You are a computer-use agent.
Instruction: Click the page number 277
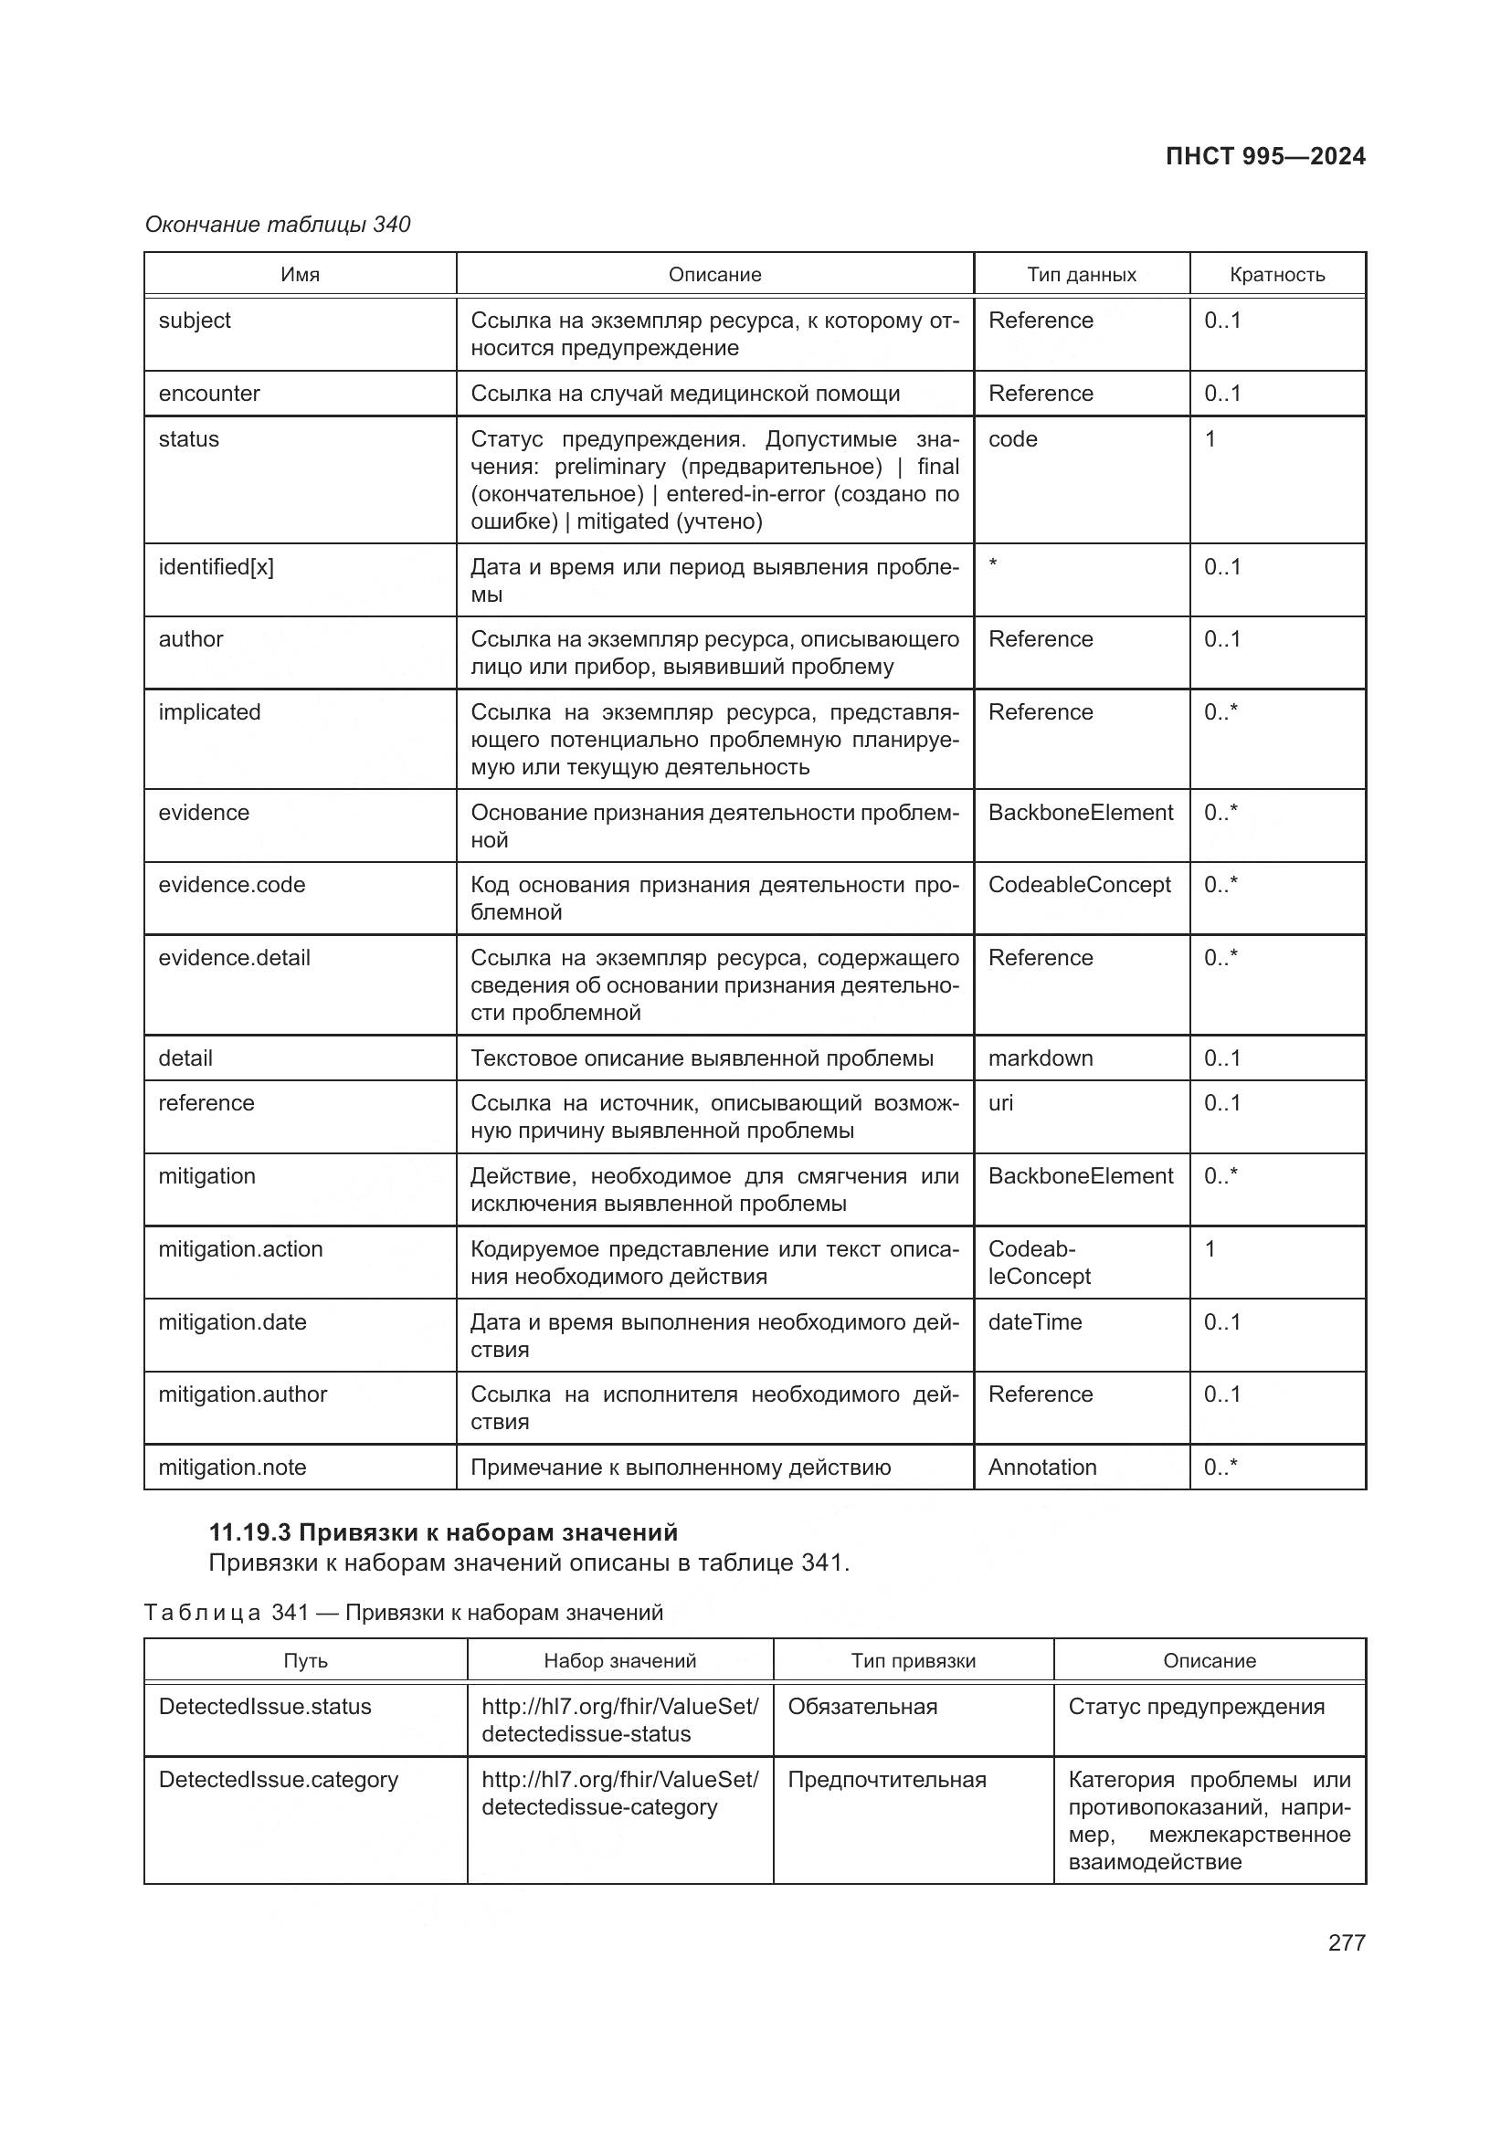pyautogui.click(x=1346, y=1942)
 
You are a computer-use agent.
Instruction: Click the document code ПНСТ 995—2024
pyautogui.click(x=1264, y=156)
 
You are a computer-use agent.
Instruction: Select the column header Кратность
pyautogui.click(x=1276, y=275)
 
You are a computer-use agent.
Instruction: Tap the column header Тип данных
pyautogui.click(x=1081, y=275)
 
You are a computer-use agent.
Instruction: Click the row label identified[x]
pyautogui.click(x=216, y=566)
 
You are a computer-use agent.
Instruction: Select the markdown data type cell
pyautogui.click(x=1041, y=1057)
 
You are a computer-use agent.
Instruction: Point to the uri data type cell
pyautogui.click(x=1001, y=1102)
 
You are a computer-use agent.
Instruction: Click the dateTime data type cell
pyautogui.click(x=1035, y=1322)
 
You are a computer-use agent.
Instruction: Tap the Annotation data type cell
pyautogui.click(x=1042, y=1468)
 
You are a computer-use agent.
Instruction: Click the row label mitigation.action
pyautogui.click(x=240, y=1248)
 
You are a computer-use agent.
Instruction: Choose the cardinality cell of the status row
pyautogui.click(x=1210, y=439)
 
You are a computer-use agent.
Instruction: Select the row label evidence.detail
pyautogui.click(x=234, y=957)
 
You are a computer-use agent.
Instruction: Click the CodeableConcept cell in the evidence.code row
pyautogui.click(x=1079, y=885)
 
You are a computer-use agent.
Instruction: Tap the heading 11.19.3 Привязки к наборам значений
pyautogui.click(x=443, y=1532)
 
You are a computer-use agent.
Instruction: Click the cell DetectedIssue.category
pyautogui.click(x=279, y=1780)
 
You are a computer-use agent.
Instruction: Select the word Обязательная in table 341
pyautogui.click(x=862, y=1706)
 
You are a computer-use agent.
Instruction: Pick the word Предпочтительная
pyautogui.click(x=887, y=1780)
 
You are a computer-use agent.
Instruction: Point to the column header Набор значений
pyautogui.click(x=619, y=1660)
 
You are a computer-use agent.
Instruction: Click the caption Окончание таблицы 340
pyautogui.click(x=278, y=225)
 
